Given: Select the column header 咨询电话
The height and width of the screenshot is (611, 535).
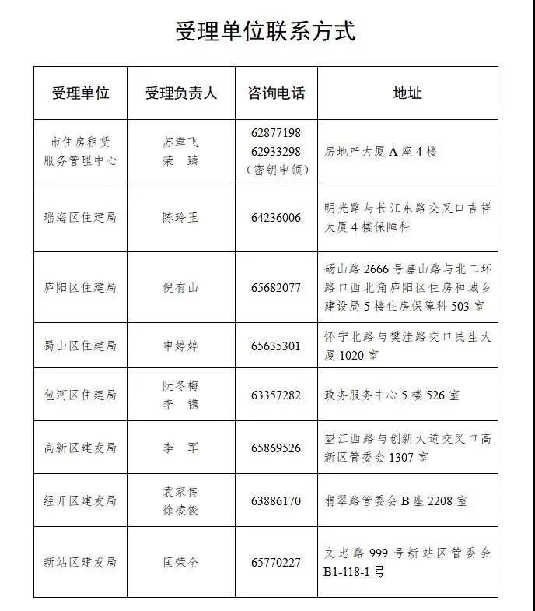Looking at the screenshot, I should pos(276,93).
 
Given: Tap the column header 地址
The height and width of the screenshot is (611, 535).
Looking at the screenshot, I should pos(407,93).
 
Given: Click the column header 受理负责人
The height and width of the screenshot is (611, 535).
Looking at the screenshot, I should pos(180,93).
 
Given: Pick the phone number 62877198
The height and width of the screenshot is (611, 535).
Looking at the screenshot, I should pos(276,133).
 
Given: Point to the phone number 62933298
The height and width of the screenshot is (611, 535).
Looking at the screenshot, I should pos(276,151).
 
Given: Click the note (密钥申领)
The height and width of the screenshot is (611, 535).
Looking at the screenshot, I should pos(276,169).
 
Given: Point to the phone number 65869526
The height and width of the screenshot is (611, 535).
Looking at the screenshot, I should pos(276,448).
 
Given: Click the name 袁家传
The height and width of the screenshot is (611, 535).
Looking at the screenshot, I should pos(180,491).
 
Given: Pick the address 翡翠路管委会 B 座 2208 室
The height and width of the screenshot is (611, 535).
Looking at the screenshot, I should pos(396,501).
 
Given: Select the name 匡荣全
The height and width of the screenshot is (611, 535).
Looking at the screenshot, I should pos(180,562).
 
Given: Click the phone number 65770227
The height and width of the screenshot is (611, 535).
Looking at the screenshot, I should pos(276,562).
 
